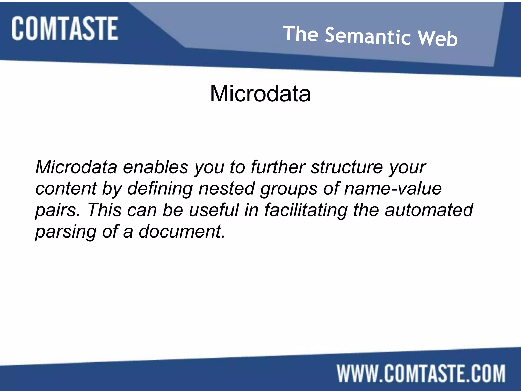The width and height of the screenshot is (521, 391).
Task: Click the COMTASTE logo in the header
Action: pos(65,28)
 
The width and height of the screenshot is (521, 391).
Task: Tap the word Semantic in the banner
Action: pos(368,36)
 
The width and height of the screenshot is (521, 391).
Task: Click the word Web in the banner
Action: pos(438,38)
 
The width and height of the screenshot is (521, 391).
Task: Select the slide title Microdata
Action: pos(260,93)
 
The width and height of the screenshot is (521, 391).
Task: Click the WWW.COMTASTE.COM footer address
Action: pos(421,373)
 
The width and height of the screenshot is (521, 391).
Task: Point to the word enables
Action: pos(155,167)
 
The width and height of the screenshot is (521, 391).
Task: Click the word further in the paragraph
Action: pos(278,167)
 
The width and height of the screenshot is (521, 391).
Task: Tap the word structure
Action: pos(346,167)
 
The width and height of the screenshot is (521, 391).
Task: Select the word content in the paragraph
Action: pos(66,189)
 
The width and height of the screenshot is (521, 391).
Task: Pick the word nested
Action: pos(226,189)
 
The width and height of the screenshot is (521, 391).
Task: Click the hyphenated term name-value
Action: pos(393,189)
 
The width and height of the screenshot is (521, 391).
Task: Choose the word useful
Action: pos(214,210)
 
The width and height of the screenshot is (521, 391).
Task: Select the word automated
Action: pos(429,210)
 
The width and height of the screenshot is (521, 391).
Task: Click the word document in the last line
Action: pos(182,231)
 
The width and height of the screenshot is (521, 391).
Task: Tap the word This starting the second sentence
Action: pos(104,210)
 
